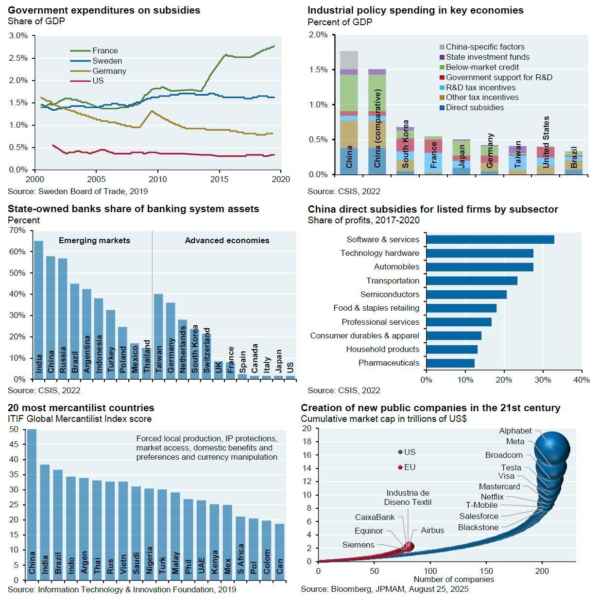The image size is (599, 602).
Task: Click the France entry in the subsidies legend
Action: (105, 50)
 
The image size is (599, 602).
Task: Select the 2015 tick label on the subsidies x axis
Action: (220, 179)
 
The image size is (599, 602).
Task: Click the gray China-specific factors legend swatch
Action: (442, 47)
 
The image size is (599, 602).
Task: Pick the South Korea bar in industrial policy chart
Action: (405, 150)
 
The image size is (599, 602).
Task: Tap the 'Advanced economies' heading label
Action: (227, 240)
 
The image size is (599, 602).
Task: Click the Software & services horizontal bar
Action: (490, 239)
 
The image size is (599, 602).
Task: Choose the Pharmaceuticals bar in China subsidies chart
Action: (450, 363)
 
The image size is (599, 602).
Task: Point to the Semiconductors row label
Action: (390, 294)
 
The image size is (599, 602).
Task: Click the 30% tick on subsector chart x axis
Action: (543, 380)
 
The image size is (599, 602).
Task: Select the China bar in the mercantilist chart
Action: (32, 505)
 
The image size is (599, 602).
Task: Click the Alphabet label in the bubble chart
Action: (515, 431)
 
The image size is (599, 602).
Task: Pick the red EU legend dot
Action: (400, 468)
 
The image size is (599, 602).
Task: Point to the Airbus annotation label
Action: (432, 530)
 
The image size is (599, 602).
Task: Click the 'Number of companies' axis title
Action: (453, 579)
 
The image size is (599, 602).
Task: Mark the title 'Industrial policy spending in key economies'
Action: (415, 10)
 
